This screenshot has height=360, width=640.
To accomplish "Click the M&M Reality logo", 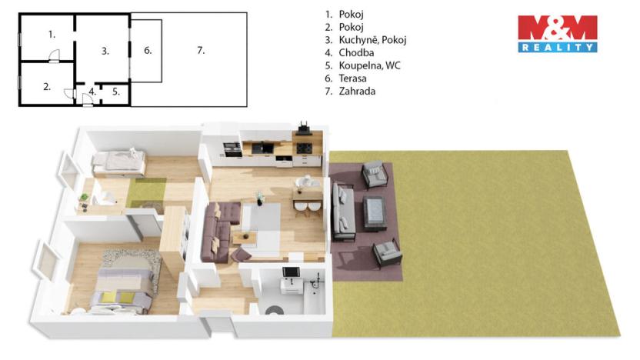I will pos(557,34).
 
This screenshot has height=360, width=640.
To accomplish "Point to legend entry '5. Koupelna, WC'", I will pos(362,65).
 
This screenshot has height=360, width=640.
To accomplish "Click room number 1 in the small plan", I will pos(52,34).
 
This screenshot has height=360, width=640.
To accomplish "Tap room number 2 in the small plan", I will pos(47,87).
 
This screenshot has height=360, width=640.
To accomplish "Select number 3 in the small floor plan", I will pos(105,51).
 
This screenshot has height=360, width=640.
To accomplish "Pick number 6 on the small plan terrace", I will pos(148,51).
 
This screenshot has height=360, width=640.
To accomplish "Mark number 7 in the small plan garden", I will pos(200,51).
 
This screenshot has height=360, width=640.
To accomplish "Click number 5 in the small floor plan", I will pos(116,92).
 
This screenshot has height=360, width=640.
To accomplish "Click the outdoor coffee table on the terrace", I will pos(376,209).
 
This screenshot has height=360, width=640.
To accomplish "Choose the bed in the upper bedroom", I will pos(118,162).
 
